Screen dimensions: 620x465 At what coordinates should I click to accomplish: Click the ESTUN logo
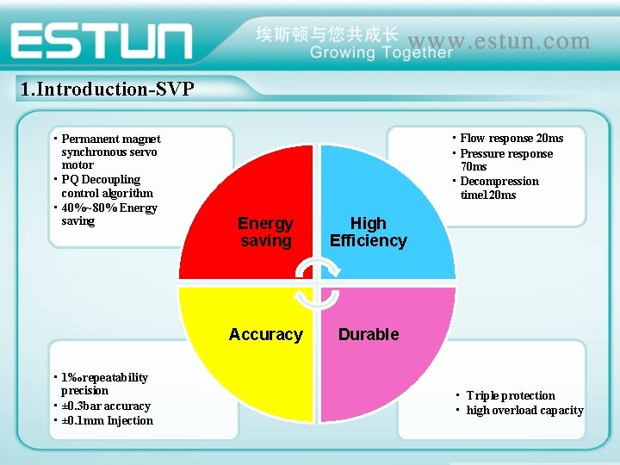point(102,41)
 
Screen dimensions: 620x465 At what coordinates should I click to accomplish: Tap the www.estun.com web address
point(499,40)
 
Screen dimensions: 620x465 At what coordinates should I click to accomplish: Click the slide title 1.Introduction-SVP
point(107,89)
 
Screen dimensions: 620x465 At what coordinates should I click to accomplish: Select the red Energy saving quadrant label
point(265,232)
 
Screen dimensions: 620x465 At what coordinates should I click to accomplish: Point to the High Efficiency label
point(368,232)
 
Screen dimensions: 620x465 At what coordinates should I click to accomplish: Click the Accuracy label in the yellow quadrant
point(265,334)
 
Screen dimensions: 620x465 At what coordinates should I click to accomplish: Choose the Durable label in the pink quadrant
point(369,334)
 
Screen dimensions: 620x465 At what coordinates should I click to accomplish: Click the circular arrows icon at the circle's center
point(316,284)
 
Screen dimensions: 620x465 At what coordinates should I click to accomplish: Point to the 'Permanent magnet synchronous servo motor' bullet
point(110,152)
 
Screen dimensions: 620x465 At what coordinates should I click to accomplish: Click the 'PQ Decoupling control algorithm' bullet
point(107,186)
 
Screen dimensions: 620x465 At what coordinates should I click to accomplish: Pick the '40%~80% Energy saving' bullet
point(108,214)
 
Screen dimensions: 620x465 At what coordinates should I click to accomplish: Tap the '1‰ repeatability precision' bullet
point(104,384)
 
